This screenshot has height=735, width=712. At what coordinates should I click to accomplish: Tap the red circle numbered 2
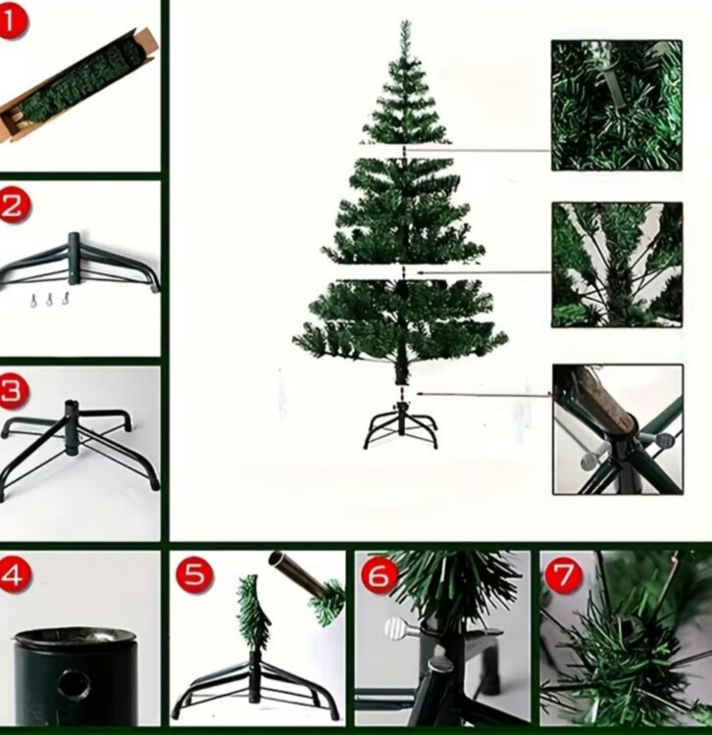[14, 205]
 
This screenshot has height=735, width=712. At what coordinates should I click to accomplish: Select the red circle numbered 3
[13, 390]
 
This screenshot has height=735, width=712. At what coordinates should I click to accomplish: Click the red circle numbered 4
[14, 574]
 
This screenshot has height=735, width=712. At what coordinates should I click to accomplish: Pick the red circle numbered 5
[194, 575]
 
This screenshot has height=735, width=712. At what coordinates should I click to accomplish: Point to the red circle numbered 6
[379, 575]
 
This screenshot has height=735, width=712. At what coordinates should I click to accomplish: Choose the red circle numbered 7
[563, 575]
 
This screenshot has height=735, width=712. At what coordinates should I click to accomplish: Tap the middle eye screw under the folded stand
[50, 300]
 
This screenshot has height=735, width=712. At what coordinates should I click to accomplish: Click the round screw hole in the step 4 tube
[75, 685]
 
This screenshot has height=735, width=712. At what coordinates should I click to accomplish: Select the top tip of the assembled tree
[406, 22]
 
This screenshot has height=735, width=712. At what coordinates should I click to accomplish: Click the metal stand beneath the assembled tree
[400, 424]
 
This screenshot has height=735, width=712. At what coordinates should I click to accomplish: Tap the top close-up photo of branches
[616, 105]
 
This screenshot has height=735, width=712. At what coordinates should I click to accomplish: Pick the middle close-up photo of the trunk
[617, 265]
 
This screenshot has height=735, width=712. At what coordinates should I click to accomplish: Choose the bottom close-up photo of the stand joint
[618, 429]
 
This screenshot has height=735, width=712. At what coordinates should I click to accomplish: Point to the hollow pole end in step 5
[277, 559]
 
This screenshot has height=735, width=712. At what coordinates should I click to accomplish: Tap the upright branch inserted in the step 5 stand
[254, 610]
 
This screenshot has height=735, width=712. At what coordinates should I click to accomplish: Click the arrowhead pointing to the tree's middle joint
[421, 271]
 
